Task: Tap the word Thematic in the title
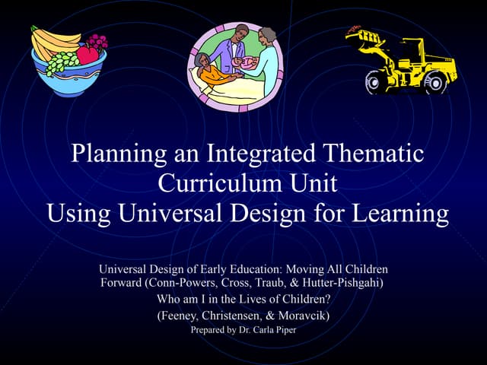pyautogui.click(x=371, y=154)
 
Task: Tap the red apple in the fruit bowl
pyautogui.click(x=88, y=54)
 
